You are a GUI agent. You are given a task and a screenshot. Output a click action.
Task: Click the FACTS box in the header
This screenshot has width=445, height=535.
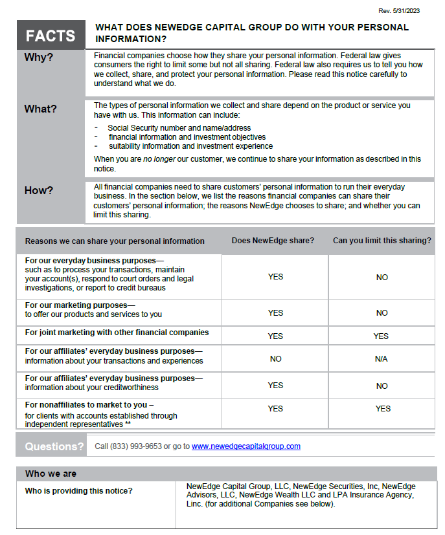pos(51,36)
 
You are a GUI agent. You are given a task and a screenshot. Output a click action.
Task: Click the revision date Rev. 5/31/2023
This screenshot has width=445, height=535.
pos(399,11)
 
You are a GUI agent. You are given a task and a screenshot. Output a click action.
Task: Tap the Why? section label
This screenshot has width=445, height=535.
pos(39,58)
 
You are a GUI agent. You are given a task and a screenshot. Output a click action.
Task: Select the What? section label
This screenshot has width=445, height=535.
pos(41,109)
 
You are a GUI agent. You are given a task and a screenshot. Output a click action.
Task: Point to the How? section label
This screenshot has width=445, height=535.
pos(39,190)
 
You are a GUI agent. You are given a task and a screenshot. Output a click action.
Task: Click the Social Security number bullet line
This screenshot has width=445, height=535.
pos(179,128)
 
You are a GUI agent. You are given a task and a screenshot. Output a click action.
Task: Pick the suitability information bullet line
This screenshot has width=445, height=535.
pos(190,146)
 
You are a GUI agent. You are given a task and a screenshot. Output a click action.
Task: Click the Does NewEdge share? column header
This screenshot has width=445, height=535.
pos(273,241)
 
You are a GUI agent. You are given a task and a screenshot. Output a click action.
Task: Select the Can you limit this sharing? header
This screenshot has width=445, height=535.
pos(382,241)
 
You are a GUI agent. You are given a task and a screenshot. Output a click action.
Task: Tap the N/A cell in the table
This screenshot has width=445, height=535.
pos(381,359)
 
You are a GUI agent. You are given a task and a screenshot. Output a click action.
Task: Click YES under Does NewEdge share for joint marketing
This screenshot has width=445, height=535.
pos(275,336)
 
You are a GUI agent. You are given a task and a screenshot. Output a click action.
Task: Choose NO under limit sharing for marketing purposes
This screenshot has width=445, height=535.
pos(382,313)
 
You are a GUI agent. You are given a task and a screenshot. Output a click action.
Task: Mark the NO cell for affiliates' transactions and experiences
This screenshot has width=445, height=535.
pos(275,359)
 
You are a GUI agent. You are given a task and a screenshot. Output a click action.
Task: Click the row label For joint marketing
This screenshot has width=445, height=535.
pos(117,333)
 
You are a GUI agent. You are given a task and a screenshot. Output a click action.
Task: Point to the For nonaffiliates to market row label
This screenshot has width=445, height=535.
pos(89,405)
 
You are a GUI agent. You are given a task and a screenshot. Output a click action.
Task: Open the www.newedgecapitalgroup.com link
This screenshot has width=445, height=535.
pos(245,446)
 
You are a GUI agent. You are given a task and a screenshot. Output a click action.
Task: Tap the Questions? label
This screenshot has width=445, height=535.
pos(54,446)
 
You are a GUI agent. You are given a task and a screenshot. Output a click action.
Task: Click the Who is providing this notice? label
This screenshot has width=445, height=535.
pos(78,491)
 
